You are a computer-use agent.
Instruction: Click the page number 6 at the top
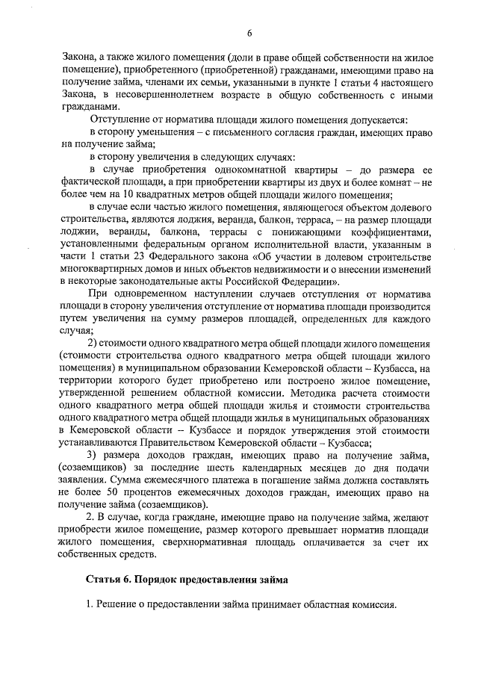pyautogui.click(x=249, y=32)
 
